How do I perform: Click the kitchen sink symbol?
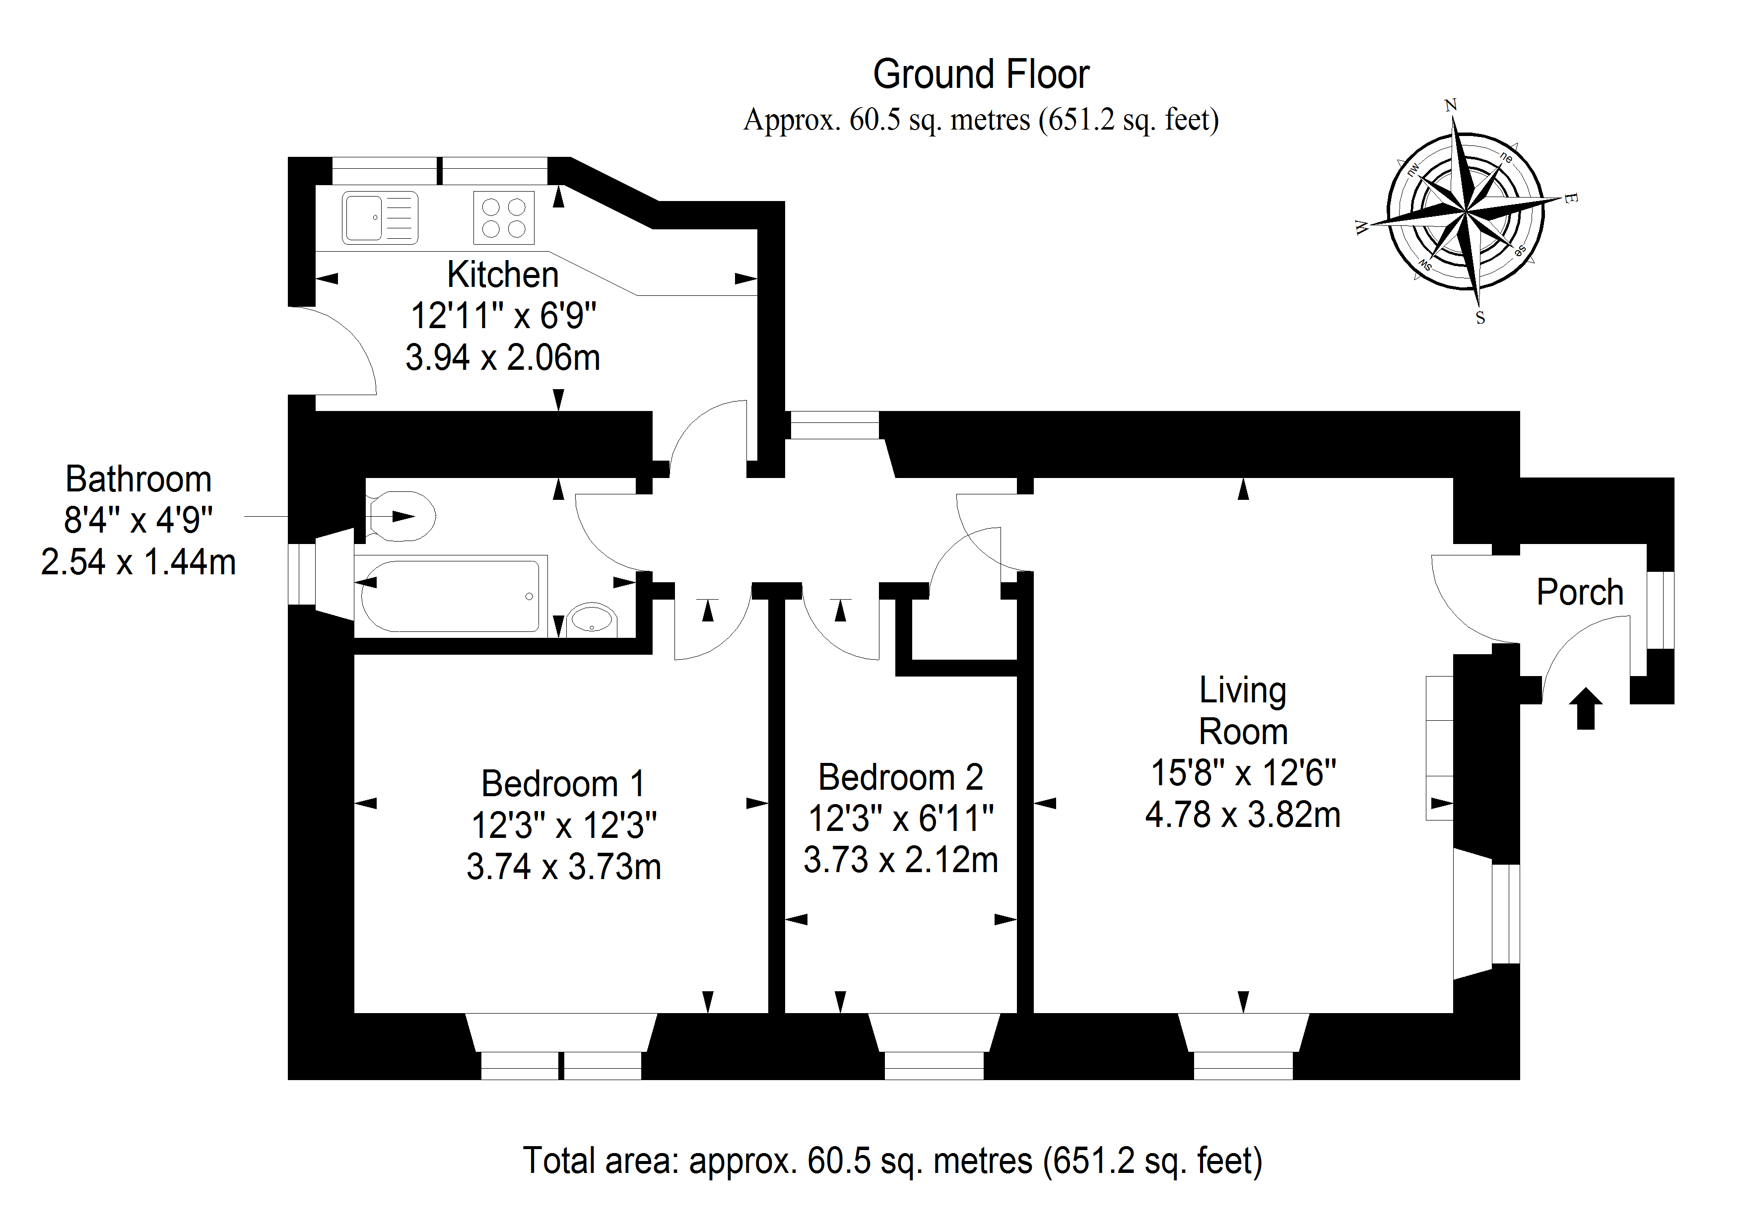click(x=380, y=218)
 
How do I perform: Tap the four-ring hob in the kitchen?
click(x=504, y=218)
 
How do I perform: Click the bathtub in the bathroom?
click(x=451, y=596)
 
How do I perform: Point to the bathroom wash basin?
click(x=592, y=619)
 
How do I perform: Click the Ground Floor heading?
click(x=981, y=74)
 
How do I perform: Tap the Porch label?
click(x=1580, y=592)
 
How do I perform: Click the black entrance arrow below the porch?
click(x=1585, y=708)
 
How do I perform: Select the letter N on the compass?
click(x=1451, y=105)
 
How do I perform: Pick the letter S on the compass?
click(x=1480, y=319)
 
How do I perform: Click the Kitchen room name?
click(x=503, y=274)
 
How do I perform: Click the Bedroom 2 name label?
click(x=900, y=777)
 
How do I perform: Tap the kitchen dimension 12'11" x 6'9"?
click(x=504, y=316)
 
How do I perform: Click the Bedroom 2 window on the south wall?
click(x=934, y=1066)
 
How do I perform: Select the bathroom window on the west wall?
click(x=302, y=574)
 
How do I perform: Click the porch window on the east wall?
click(x=1660, y=610)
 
